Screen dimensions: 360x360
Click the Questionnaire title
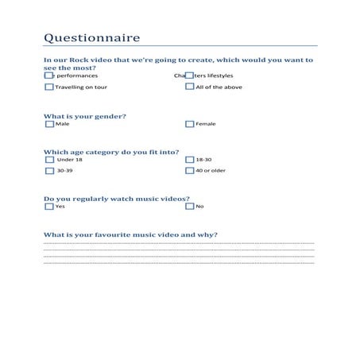[92, 37]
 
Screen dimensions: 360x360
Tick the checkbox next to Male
[49, 124]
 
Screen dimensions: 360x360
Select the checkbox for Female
[189, 124]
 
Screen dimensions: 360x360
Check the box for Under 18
[49, 160]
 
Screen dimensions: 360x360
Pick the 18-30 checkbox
[189, 160]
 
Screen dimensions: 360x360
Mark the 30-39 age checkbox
[49, 170]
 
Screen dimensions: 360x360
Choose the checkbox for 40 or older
[189, 170]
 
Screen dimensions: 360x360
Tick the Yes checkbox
[49, 207]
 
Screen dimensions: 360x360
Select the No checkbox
[189, 207]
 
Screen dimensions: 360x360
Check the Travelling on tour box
[49, 87]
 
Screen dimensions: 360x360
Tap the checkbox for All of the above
[189, 87]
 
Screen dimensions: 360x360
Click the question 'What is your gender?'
[84, 116]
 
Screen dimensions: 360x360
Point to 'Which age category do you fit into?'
[111, 152]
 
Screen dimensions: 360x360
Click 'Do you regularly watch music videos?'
[116, 198]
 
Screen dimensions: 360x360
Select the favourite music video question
[130, 234]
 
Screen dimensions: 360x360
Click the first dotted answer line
[179, 243]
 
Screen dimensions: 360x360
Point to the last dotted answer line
[179, 262]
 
